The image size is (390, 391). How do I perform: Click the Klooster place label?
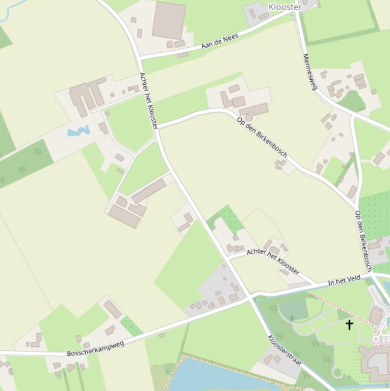(285, 7)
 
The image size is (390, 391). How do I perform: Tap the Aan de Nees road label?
(220, 41)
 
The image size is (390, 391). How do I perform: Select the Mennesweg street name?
(309, 72)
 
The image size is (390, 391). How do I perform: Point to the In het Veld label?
(344, 280)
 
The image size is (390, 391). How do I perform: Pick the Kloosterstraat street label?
(285, 350)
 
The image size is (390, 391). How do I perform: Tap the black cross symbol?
(349, 324)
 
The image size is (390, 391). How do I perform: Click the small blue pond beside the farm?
(78, 132)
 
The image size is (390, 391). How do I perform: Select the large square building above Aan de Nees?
(168, 20)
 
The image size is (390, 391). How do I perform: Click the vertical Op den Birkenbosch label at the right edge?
(364, 241)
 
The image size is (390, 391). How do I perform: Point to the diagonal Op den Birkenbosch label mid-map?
(262, 137)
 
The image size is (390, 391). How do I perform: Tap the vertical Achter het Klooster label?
(149, 100)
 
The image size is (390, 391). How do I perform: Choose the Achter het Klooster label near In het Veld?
(272, 261)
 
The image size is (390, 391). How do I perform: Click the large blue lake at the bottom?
(213, 376)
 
